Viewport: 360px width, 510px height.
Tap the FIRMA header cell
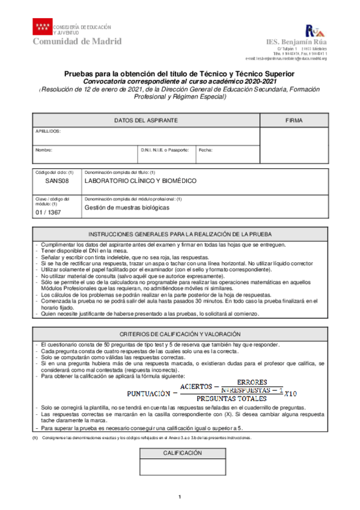pyautogui.click(x=294, y=120)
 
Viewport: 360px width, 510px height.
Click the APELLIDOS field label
pyautogui.click(x=48, y=131)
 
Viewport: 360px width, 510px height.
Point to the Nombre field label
pyautogui.click(x=44, y=149)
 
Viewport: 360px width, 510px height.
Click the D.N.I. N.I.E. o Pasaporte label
pyautogui.click(x=165, y=149)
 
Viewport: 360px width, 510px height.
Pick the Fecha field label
pyautogui.click(x=205, y=149)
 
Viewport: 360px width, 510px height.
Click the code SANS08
pyautogui.click(x=57, y=180)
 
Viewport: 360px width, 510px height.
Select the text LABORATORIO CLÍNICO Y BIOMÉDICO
pyautogui.click(x=140, y=180)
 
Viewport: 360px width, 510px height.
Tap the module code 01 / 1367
pyautogui.click(x=48, y=212)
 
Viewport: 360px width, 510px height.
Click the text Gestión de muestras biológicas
pyautogui.click(x=127, y=207)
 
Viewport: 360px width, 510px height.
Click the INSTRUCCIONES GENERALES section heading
pyautogui.click(x=180, y=233)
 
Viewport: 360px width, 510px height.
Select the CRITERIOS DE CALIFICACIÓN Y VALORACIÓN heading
pyautogui.click(x=180, y=334)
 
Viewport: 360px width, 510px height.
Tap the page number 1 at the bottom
pyautogui.click(x=179, y=496)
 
